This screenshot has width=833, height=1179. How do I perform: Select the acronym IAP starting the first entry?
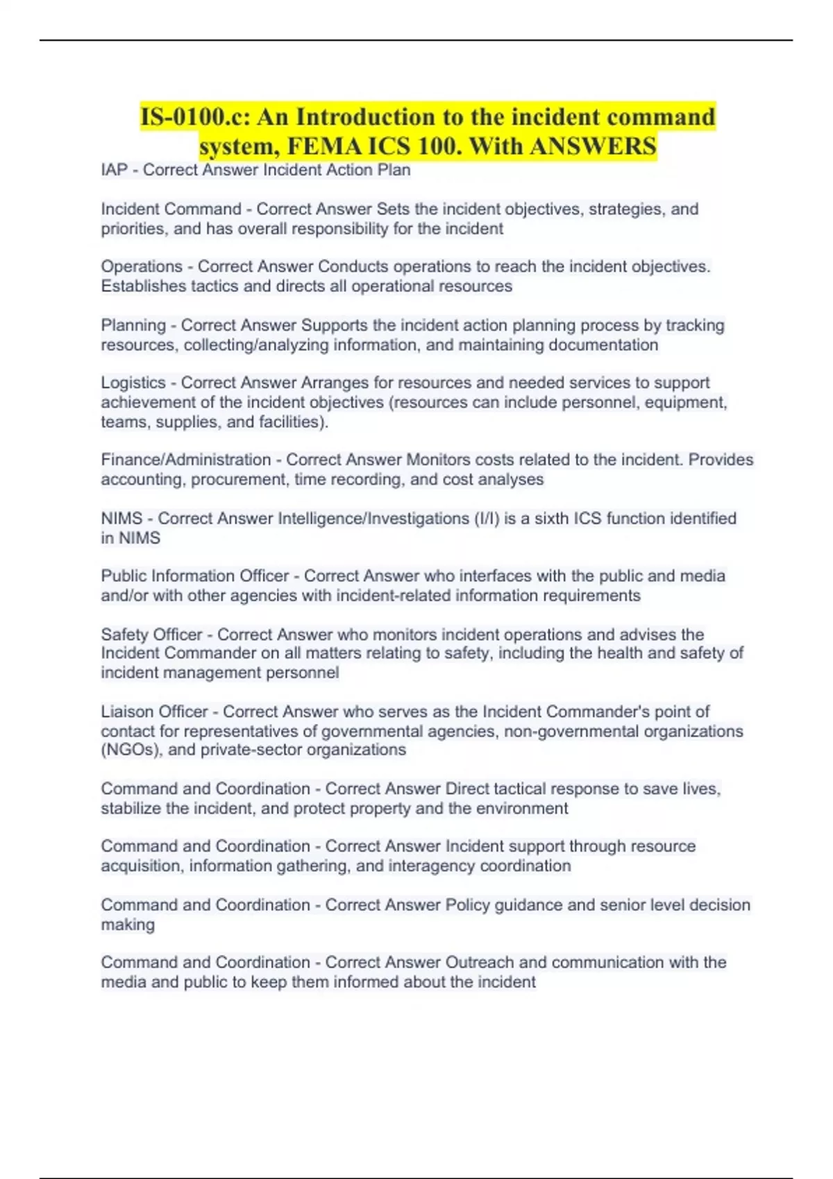[114, 170]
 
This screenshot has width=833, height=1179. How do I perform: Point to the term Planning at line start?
[133, 325]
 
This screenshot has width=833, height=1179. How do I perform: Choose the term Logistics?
[133, 383]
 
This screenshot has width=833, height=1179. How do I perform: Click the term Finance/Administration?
[186, 460]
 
